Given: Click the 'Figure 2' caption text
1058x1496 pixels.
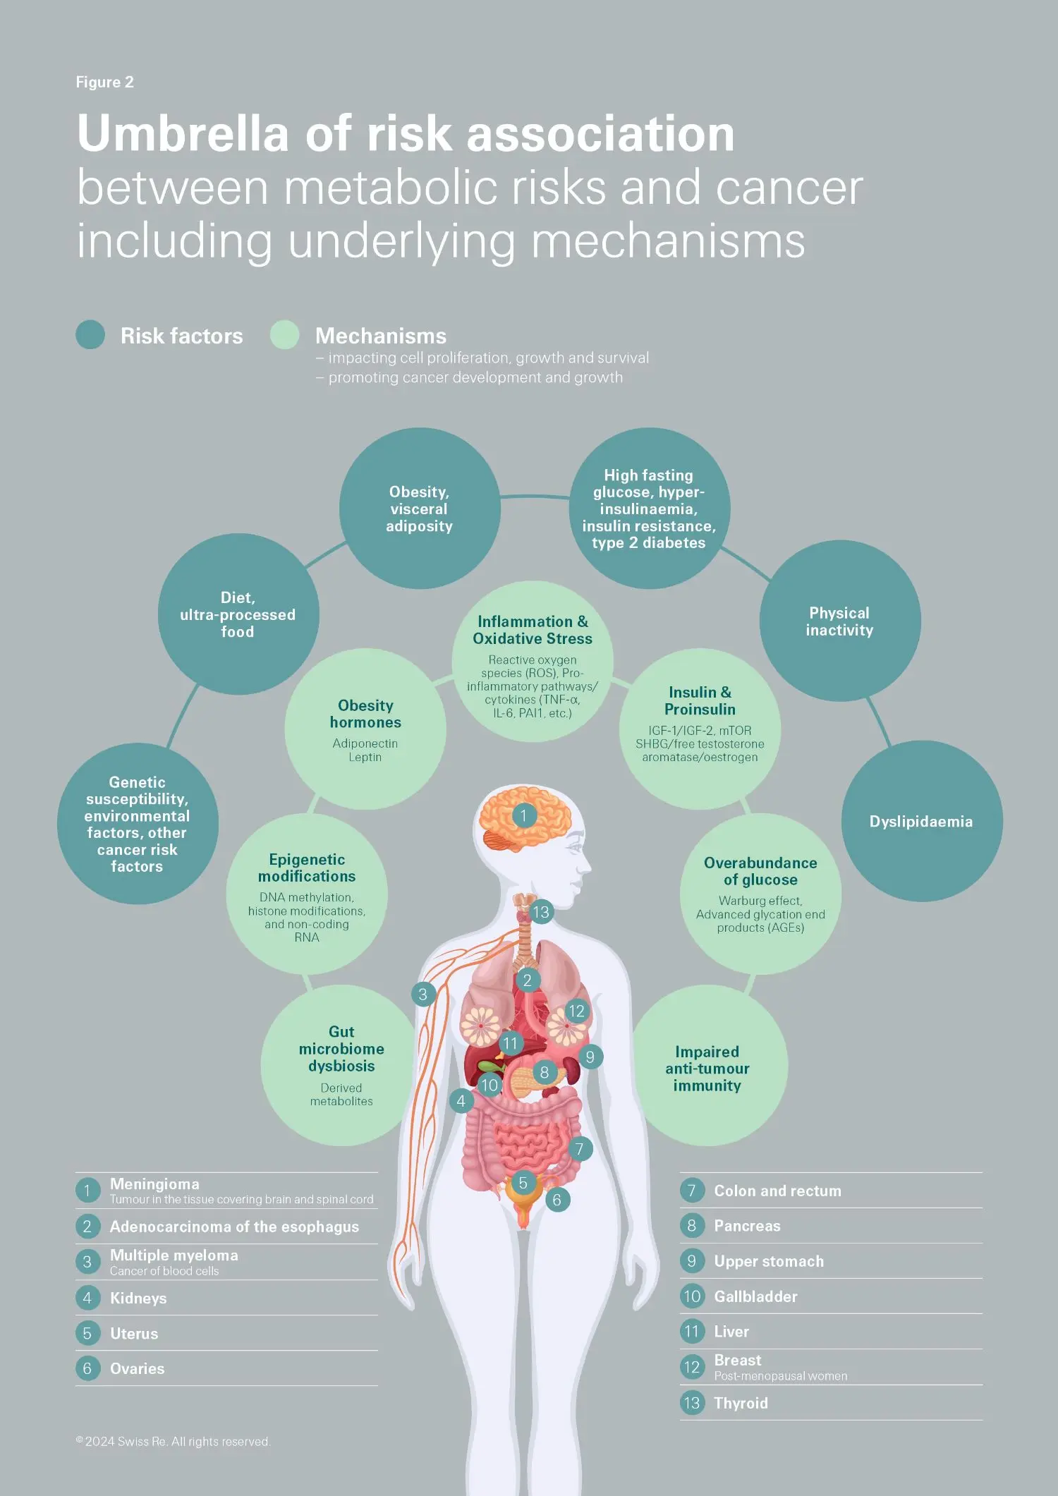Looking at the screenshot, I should click(104, 83).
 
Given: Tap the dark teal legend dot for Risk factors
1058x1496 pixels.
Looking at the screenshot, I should click(90, 334).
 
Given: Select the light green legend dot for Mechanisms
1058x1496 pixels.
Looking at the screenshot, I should click(284, 334).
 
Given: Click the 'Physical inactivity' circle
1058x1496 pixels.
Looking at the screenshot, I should click(839, 621).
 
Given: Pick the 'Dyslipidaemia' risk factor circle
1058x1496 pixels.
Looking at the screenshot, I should click(921, 821).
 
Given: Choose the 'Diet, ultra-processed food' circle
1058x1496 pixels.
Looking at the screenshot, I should click(238, 614).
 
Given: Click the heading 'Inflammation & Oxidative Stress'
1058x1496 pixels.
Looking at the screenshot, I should click(533, 630).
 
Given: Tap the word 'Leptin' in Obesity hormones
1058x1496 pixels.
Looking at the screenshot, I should click(365, 757).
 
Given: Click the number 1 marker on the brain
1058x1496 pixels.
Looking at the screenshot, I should click(523, 816).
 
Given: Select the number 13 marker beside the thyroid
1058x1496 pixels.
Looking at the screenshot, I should click(540, 912).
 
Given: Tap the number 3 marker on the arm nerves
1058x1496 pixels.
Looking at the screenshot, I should click(422, 995).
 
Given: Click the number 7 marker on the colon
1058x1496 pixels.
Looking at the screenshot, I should click(579, 1149).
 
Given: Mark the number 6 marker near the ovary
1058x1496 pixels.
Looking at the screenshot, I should click(557, 1200).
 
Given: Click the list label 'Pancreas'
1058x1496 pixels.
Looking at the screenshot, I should click(747, 1226).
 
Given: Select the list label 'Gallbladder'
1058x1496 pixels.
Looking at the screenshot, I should click(755, 1296).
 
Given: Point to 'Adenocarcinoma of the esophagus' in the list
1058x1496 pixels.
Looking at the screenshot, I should click(234, 1227).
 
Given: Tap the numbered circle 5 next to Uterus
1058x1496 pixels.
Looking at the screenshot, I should click(87, 1333).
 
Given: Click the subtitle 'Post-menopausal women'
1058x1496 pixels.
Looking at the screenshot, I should click(780, 1376).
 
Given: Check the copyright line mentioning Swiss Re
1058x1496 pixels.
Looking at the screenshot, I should click(174, 1442).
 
